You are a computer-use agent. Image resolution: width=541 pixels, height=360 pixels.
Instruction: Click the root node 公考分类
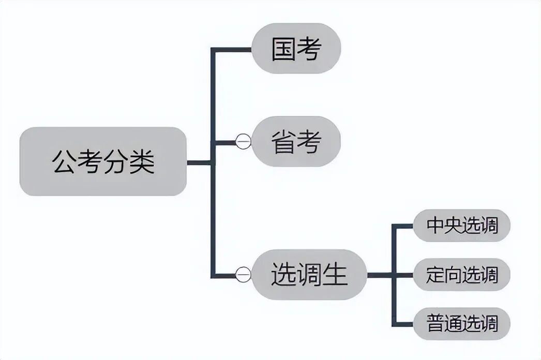[103, 161]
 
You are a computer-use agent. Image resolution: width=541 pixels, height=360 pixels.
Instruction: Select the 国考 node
[296, 49]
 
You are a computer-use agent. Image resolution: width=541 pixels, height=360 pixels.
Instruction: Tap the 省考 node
[296, 141]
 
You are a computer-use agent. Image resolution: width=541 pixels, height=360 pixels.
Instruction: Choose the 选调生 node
[309, 274]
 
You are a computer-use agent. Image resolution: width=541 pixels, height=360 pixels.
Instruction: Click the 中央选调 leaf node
[462, 226]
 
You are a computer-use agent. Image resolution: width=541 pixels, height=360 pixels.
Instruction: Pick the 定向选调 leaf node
[462, 274]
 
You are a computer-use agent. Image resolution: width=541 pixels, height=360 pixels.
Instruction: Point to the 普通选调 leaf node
[462, 324]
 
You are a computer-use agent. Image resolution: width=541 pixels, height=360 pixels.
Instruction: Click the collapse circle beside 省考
[243, 141]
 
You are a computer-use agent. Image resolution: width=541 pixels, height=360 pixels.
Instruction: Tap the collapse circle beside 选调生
[243, 274]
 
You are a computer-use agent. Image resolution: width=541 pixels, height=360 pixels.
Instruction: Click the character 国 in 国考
[284, 49]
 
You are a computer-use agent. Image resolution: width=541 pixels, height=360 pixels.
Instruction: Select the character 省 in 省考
[284, 141]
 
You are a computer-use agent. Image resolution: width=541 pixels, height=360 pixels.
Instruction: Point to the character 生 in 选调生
[335, 274]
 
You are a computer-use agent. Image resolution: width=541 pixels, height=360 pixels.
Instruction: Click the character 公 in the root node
[64, 162]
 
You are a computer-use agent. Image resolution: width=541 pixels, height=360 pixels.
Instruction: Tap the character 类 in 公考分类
[142, 162]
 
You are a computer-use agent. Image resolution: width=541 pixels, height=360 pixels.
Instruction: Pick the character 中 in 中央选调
[435, 226]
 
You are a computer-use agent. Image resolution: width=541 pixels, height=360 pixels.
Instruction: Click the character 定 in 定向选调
[435, 275]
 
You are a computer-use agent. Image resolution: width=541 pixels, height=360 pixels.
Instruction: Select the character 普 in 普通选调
[435, 324]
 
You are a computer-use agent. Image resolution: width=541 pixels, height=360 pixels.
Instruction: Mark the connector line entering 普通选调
[403, 324]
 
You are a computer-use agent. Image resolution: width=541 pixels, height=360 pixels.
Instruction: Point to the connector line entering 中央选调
[403, 226]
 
